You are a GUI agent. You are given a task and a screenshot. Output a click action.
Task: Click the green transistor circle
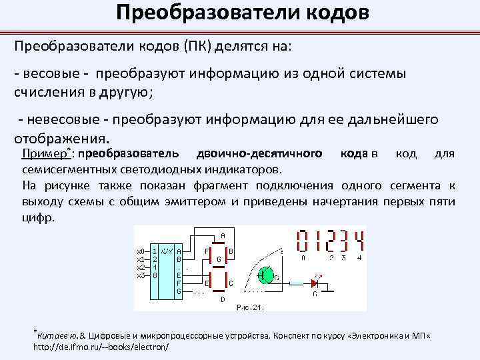point(265,275)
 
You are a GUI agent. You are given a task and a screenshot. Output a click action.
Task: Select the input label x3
point(140,275)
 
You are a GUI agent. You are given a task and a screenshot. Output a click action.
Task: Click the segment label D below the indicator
point(222,299)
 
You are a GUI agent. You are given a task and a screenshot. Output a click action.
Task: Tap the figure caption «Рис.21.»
point(250,307)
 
